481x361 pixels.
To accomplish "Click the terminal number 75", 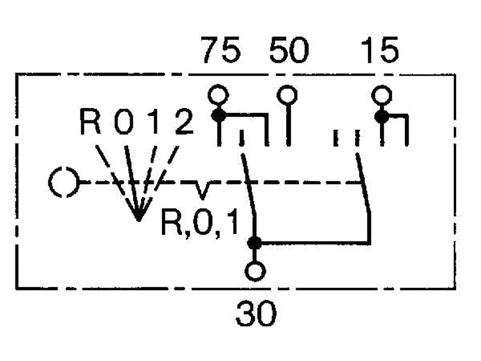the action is (x=221, y=50).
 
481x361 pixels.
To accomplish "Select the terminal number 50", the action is (x=289, y=50).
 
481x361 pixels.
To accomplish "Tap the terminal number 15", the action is (x=380, y=50).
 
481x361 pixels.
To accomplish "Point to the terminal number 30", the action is (x=256, y=313).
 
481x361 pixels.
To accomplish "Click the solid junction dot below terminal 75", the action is (x=219, y=116).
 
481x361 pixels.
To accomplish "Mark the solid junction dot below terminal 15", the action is (x=381, y=117).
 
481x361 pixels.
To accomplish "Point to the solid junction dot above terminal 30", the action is (x=254, y=243).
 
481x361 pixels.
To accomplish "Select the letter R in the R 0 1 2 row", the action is (x=90, y=122).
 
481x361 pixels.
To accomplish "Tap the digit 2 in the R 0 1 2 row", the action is (x=184, y=122).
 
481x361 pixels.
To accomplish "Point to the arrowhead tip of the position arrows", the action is (x=139, y=220).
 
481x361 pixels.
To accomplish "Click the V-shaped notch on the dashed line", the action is (x=201, y=190).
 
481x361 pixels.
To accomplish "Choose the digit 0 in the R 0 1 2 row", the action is (x=124, y=122).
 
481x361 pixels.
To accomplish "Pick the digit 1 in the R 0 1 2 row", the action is (x=155, y=122).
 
